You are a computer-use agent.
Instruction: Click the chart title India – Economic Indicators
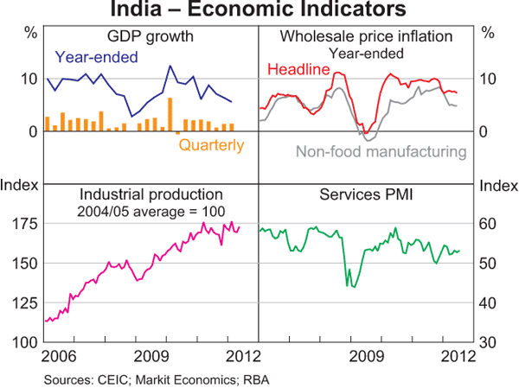pyautogui.click(x=259, y=11)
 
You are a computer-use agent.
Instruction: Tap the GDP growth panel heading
pyautogui.click(x=150, y=37)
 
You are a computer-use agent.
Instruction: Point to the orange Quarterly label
pyautogui.click(x=211, y=145)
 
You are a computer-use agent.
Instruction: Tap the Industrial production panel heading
pyautogui.click(x=151, y=194)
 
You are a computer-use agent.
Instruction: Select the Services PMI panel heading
pyautogui.click(x=368, y=194)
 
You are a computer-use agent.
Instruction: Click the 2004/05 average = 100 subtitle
pyautogui.click(x=151, y=211)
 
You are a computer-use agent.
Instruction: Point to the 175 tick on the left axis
pyautogui.click(x=23, y=224)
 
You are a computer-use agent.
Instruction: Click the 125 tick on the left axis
pyautogui.click(x=23, y=303)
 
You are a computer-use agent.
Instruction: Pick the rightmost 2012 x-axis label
pyautogui.click(x=455, y=355)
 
